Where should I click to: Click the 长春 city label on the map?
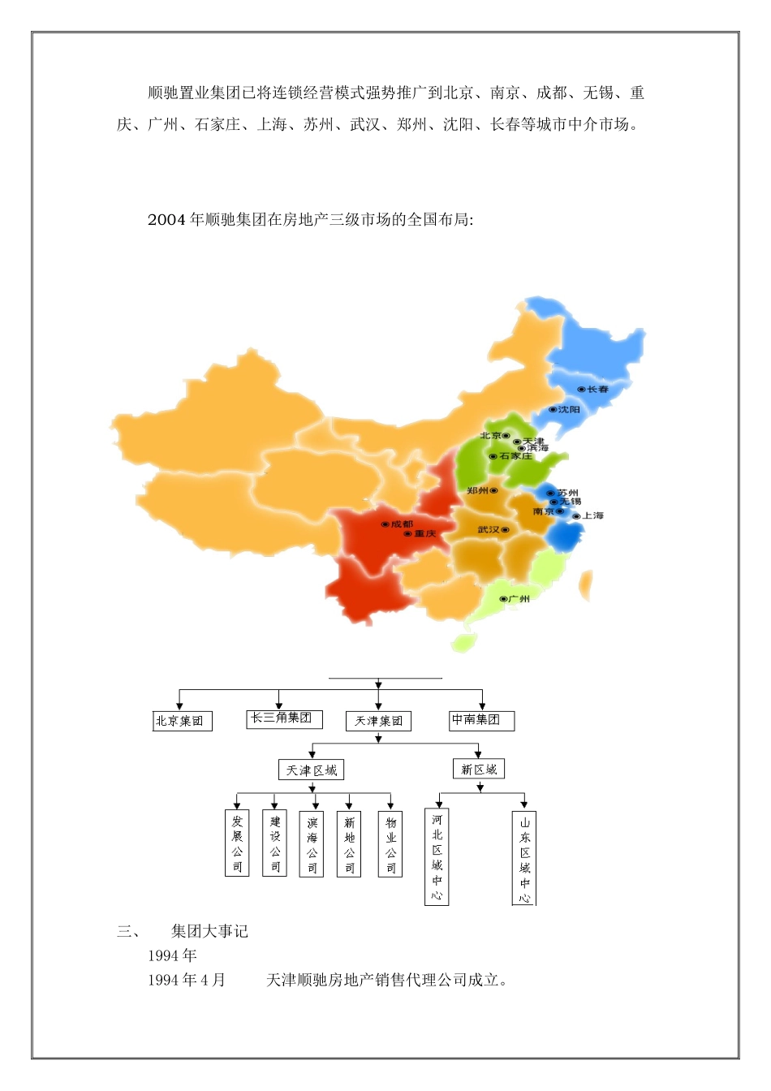click(597, 390)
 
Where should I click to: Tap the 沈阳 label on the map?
click(569, 410)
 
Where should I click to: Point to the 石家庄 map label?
click(515, 456)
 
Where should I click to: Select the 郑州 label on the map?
click(478, 490)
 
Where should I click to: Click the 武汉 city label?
click(489, 530)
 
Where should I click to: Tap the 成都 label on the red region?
click(402, 524)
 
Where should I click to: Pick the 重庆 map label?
click(424, 534)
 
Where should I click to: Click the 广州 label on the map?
click(519, 599)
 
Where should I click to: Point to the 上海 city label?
click(592, 515)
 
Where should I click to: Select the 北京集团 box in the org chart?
click(182, 721)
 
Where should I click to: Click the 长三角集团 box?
click(283, 718)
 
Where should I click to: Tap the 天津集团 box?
click(378, 721)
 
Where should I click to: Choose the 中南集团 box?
click(480, 720)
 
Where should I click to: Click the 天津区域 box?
click(312, 770)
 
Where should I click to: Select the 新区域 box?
click(479, 769)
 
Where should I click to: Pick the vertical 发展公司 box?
click(237, 843)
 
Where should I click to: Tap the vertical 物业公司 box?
click(390, 844)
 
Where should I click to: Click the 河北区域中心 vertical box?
click(437, 856)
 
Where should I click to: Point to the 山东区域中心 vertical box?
click(524, 859)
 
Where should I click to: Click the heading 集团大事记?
click(209, 931)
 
